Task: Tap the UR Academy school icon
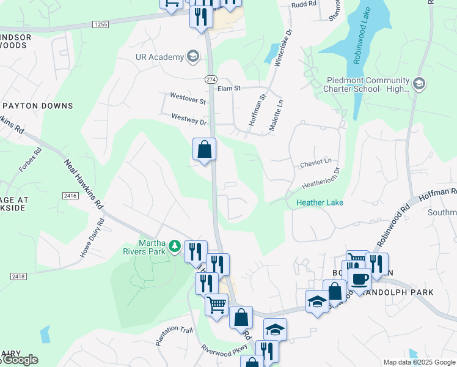pyautogui.click(x=194, y=57)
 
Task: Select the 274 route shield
pyautogui.click(x=211, y=80)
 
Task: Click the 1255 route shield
pyautogui.click(x=101, y=24)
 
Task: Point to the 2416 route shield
pyautogui.click(x=69, y=195)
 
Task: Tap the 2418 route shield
pyautogui.click(x=18, y=276)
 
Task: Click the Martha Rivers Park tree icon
pyautogui.click(x=175, y=246)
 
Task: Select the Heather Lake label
pyautogui.click(x=320, y=202)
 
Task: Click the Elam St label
pyautogui.click(x=229, y=89)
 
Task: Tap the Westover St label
pyautogui.click(x=188, y=100)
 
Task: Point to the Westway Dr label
pyautogui.click(x=189, y=120)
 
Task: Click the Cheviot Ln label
pyautogui.click(x=315, y=162)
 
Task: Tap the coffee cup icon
pyautogui.click(x=360, y=280)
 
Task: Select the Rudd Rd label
pyautogui.click(x=304, y=4)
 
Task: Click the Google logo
pyautogui.click(x=20, y=360)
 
